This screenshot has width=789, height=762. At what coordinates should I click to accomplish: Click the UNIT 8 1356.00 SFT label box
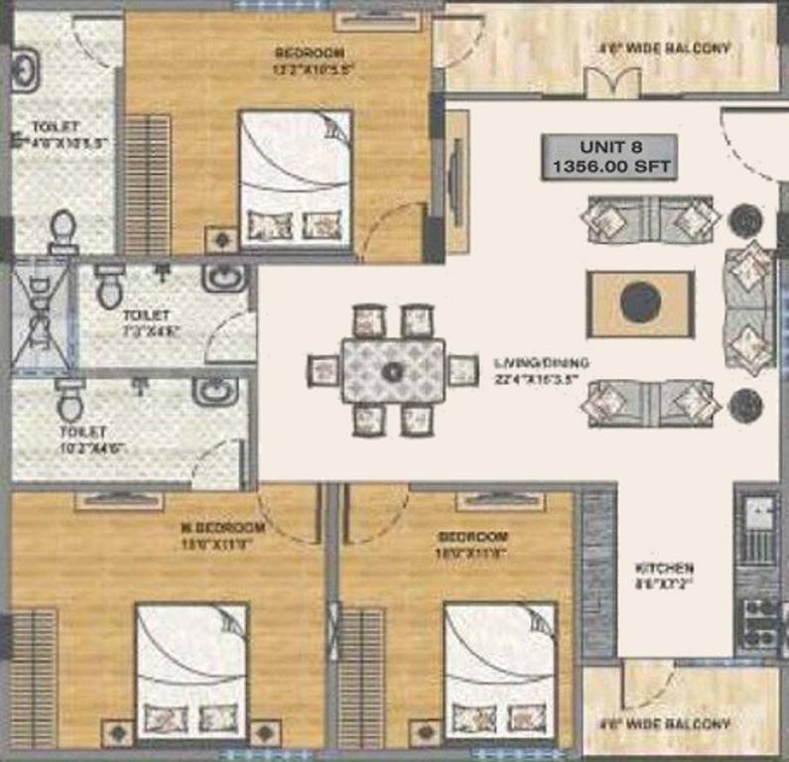coord(608,156)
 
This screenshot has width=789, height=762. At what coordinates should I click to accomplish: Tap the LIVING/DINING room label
coord(540,370)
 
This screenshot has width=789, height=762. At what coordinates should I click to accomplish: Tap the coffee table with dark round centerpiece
coord(639,303)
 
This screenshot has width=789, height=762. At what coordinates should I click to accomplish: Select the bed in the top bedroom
coord(296,179)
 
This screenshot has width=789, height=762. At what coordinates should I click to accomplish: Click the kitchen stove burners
coord(760,621)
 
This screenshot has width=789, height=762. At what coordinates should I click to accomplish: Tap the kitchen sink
coord(760,516)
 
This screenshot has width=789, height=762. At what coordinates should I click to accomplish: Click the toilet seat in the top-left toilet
coord(64,232)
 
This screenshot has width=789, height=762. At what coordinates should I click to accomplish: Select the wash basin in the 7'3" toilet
coord(224,279)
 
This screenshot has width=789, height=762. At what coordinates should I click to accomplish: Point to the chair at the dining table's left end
coord(325,371)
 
